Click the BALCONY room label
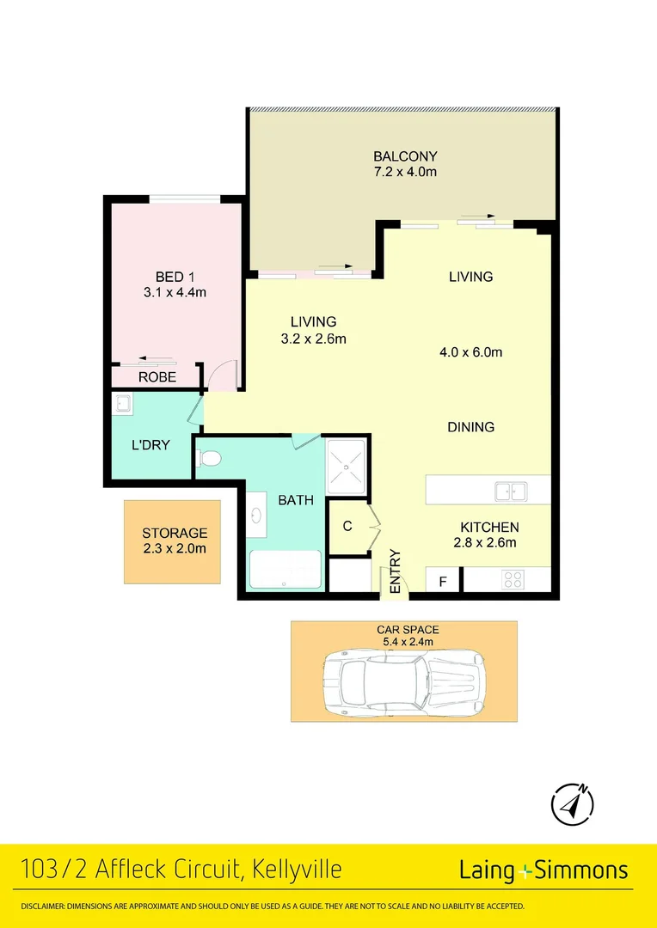[405, 156]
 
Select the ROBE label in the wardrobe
[157, 377]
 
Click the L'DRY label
[150, 445]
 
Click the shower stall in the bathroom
[347, 466]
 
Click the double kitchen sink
[510, 491]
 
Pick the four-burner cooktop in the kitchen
[513, 580]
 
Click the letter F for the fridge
[443, 582]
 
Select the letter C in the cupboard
[347, 526]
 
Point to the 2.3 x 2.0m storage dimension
[175, 548]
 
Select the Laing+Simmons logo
[543, 870]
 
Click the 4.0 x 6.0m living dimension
[470, 352]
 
